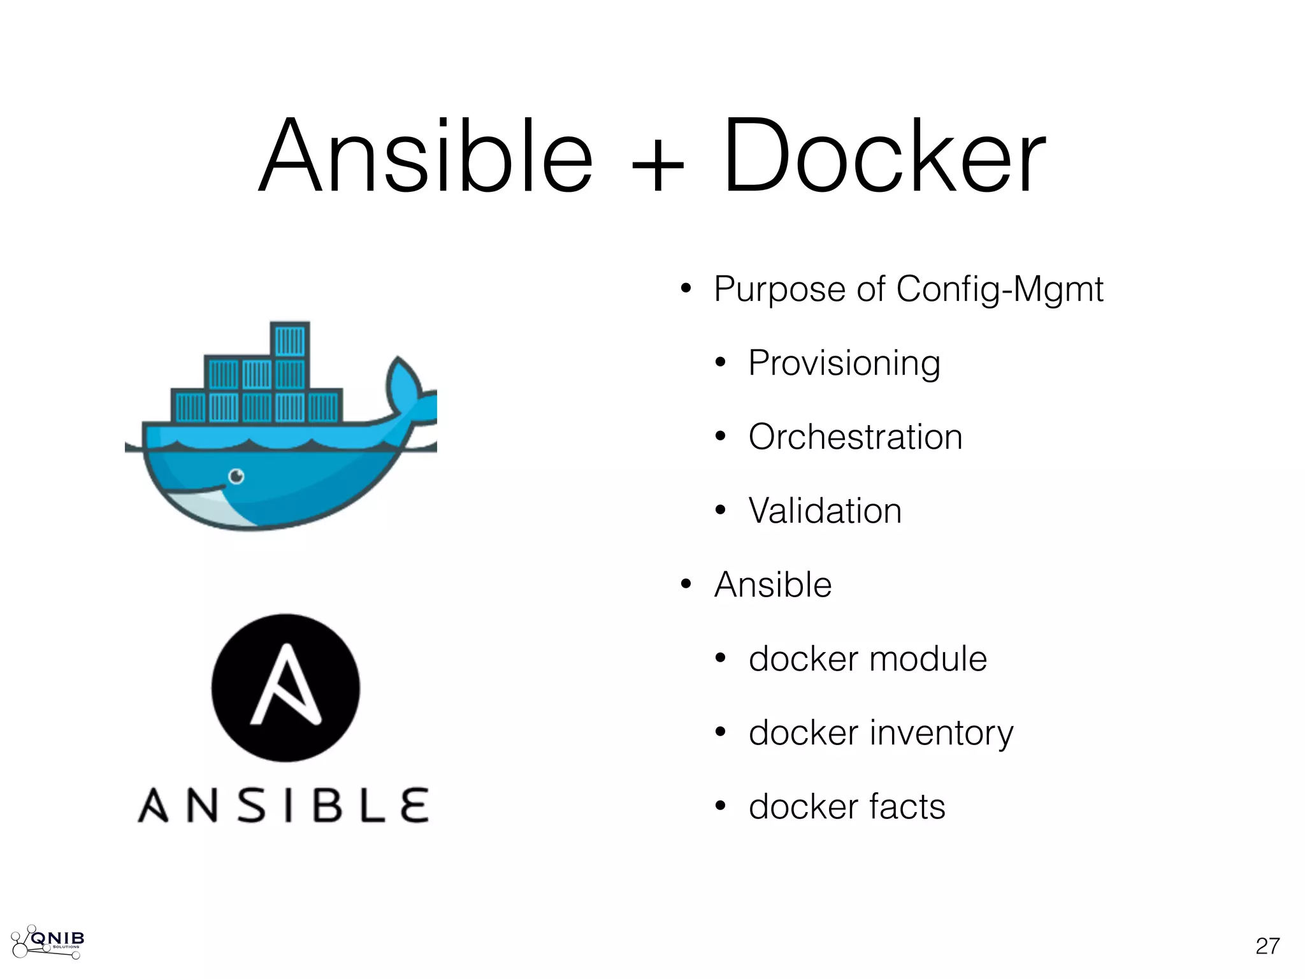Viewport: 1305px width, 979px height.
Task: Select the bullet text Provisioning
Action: pos(844,363)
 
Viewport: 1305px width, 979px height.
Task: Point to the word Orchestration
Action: pos(855,437)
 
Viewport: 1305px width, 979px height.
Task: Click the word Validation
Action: pos(825,511)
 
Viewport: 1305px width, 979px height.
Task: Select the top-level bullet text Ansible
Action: pos(773,585)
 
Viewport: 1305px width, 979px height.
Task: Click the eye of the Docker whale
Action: pos(236,476)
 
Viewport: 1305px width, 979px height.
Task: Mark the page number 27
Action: pos(1267,946)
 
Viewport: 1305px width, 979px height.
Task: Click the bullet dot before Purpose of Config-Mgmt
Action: pos(686,289)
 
